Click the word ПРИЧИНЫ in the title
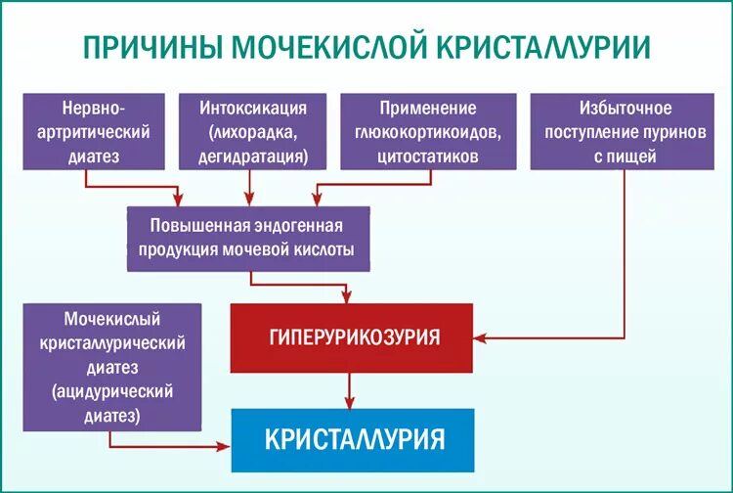pyautogui.click(x=154, y=49)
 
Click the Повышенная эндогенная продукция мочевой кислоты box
pyautogui.click(x=248, y=238)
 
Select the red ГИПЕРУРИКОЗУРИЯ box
pyautogui.click(x=352, y=337)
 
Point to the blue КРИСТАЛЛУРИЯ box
pyautogui.click(x=352, y=438)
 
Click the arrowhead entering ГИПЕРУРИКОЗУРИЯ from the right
pyautogui.click(x=481, y=337)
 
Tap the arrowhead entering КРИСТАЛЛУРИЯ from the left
pyautogui.click(x=224, y=447)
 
